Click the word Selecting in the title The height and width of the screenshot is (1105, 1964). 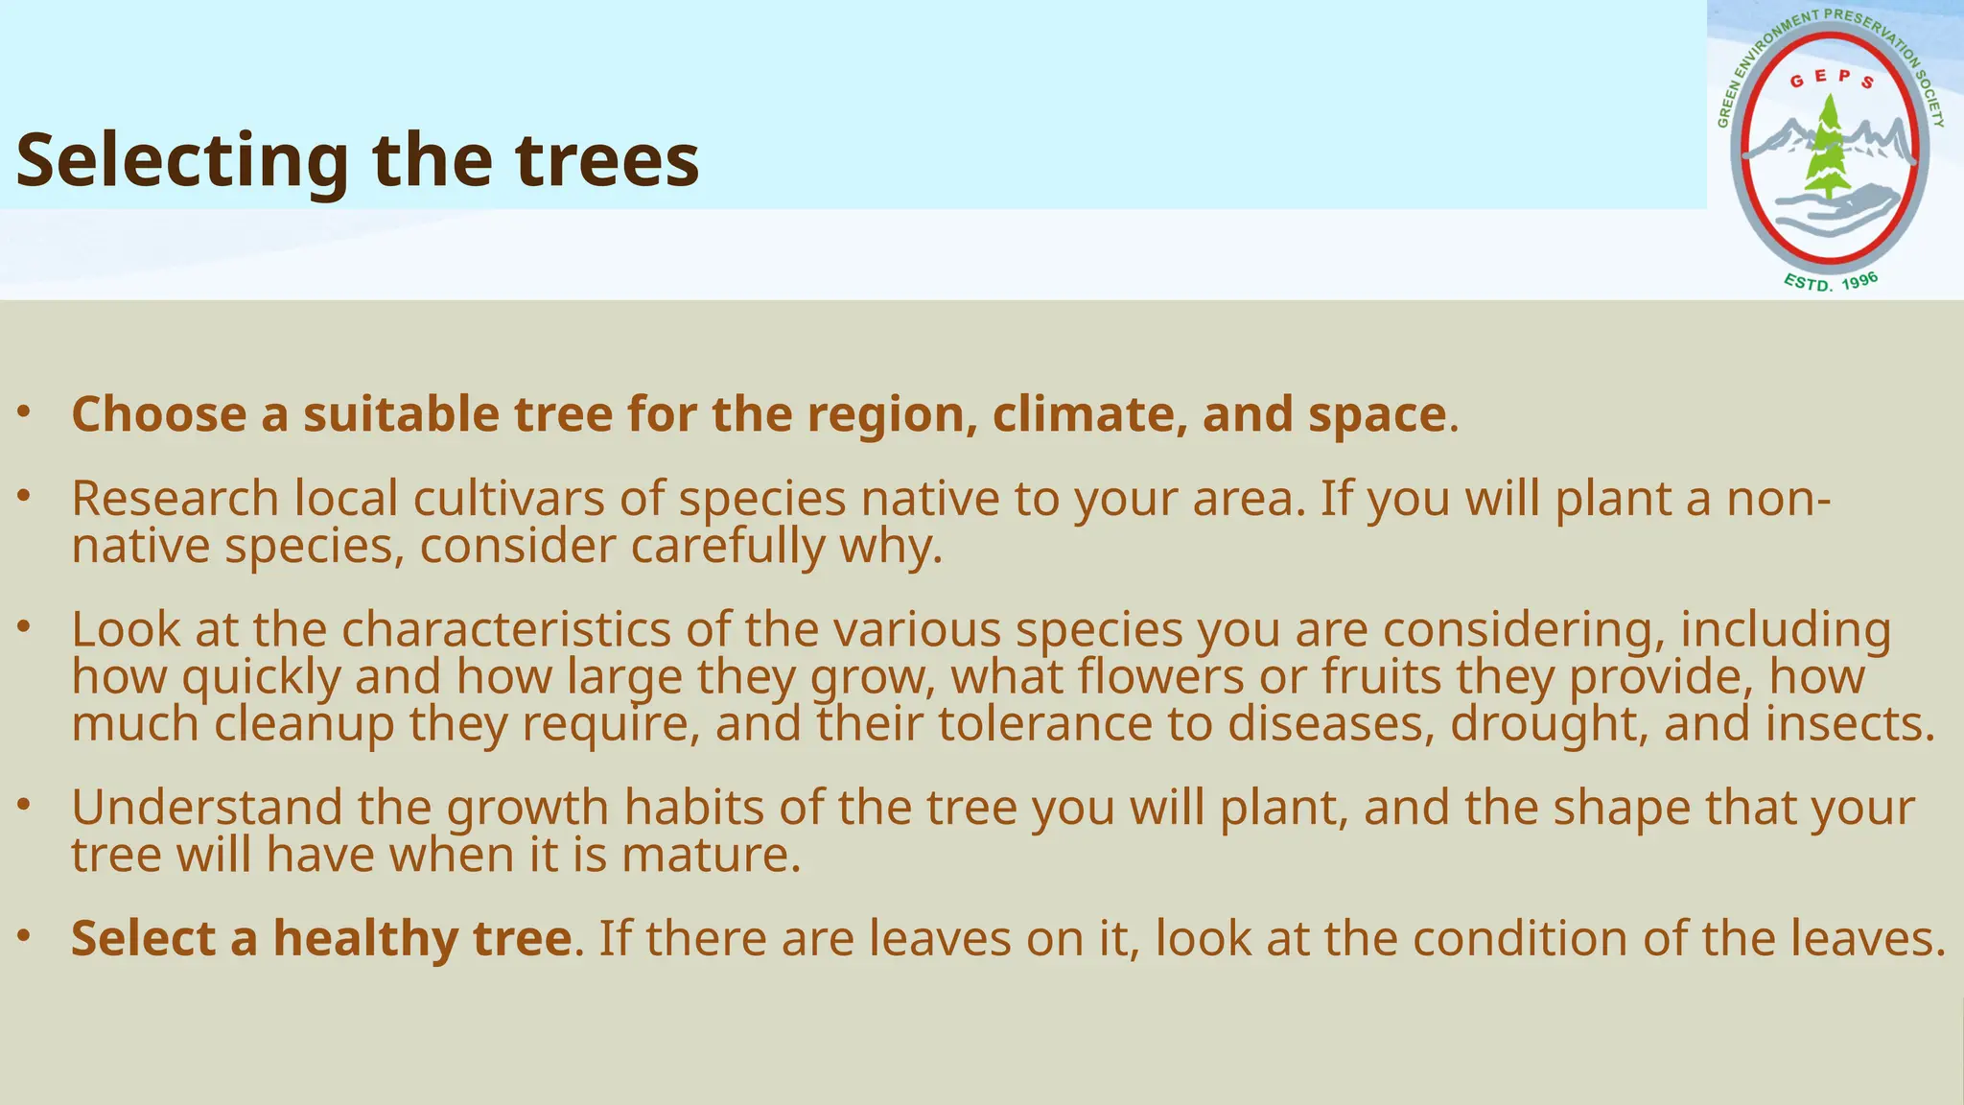pos(182,161)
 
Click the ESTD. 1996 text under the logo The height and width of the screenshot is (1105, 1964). pos(1831,282)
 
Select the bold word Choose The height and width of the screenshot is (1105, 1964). pos(159,414)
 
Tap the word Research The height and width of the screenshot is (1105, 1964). pos(175,499)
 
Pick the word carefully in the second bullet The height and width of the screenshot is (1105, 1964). pos(728,547)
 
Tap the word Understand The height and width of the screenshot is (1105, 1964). pos(206,808)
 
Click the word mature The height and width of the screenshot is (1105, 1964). pos(711,855)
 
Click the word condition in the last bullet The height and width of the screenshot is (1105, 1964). pos(1520,938)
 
